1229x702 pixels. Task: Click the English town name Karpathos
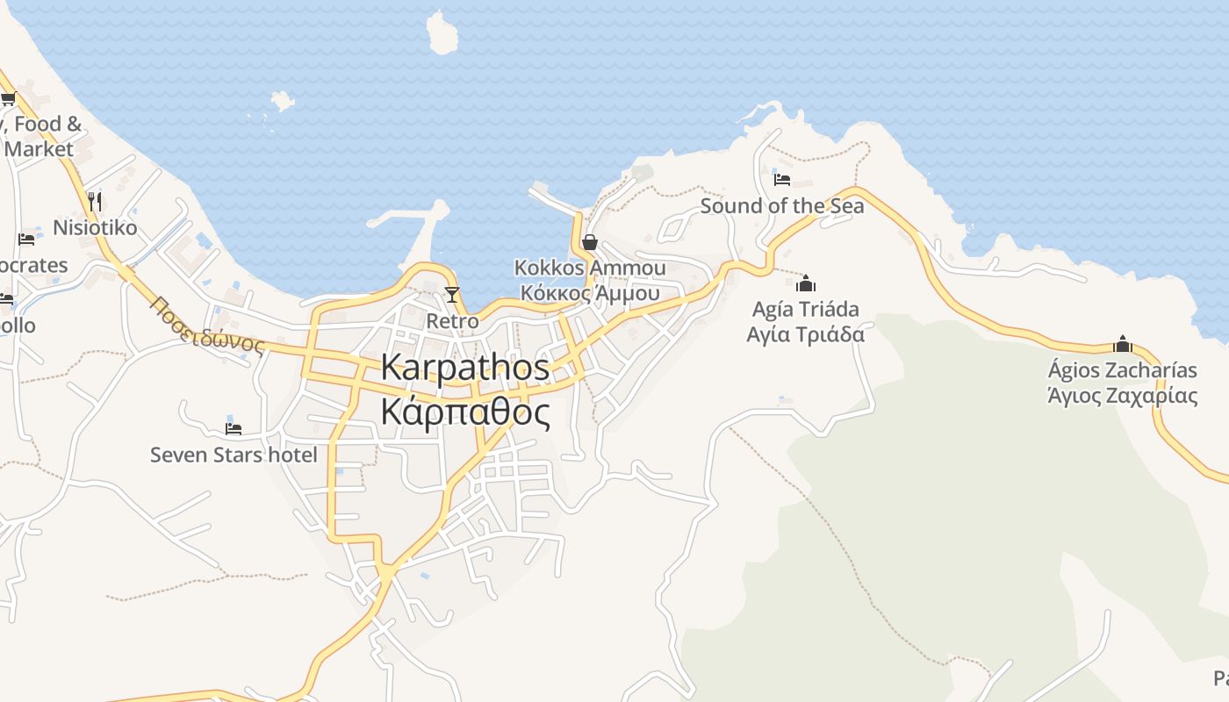(x=465, y=368)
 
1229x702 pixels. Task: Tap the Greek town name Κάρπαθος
(x=465, y=412)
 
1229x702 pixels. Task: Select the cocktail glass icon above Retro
(x=452, y=294)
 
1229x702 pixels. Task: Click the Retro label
(x=452, y=321)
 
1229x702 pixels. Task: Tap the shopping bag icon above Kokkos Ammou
(x=590, y=242)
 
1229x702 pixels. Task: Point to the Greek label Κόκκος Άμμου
(x=589, y=293)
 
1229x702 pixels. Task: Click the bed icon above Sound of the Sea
(x=782, y=180)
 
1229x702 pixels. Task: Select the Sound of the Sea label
(x=781, y=206)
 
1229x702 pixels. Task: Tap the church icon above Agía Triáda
(x=805, y=283)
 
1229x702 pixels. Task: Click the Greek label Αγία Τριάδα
(x=805, y=334)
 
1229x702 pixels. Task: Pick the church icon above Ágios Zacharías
(x=1122, y=344)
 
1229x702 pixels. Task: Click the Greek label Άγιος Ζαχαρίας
(x=1122, y=395)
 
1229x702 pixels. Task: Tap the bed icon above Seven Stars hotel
(x=234, y=428)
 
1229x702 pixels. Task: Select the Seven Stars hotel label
(x=234, y=455)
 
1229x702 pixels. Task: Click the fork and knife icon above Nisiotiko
(x=95, y=201)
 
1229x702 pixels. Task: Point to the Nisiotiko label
(x=95, y=228)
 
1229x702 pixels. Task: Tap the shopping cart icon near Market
(x=8, y=98)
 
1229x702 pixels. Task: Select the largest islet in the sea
(x=442, y=33)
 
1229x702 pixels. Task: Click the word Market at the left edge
(x=39, y=149)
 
